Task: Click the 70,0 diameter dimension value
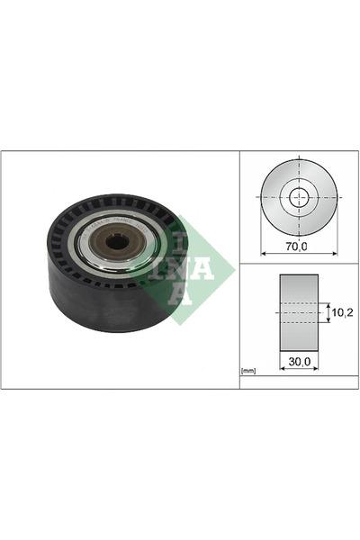point(296,247)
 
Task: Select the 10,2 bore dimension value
point(342,312)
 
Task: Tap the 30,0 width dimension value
point(300,361)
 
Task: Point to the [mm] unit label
point(248,371)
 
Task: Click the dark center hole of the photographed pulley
point(117,242)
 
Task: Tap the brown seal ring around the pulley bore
point(117,243)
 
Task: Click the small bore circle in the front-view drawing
point(299,197)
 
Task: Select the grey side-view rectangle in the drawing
point(299,312)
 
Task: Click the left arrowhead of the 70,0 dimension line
point(264,254)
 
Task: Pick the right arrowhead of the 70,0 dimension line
point(335,254)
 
